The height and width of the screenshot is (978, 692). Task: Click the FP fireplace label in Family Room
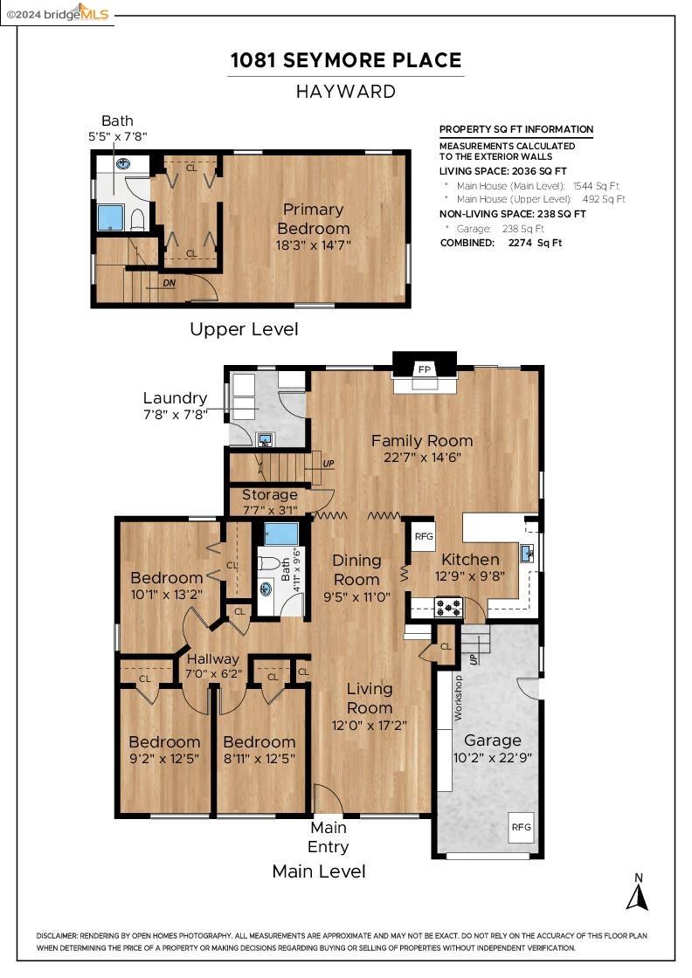(425, 369)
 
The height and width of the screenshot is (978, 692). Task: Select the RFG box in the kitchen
(424, 537)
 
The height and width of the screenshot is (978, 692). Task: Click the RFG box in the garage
(521, 826)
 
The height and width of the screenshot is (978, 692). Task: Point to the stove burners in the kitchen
(449, 605)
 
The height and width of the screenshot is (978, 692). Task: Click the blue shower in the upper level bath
(111, 217)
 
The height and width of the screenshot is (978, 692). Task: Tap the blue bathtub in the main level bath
(281, 534)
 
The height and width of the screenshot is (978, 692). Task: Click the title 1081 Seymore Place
(345, 60)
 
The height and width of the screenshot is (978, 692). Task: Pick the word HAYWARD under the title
(345, 91)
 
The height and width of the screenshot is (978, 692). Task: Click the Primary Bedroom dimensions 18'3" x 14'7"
(312, 245)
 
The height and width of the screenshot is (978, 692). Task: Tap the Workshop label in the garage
(458, 697)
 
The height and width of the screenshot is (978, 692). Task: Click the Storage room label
(269, 495)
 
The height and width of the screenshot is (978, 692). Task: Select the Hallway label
(212, 659)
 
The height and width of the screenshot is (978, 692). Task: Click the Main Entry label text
(329, 837)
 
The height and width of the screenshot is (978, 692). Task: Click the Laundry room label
(175, 398)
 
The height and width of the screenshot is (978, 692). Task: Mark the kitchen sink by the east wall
(528, 554)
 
